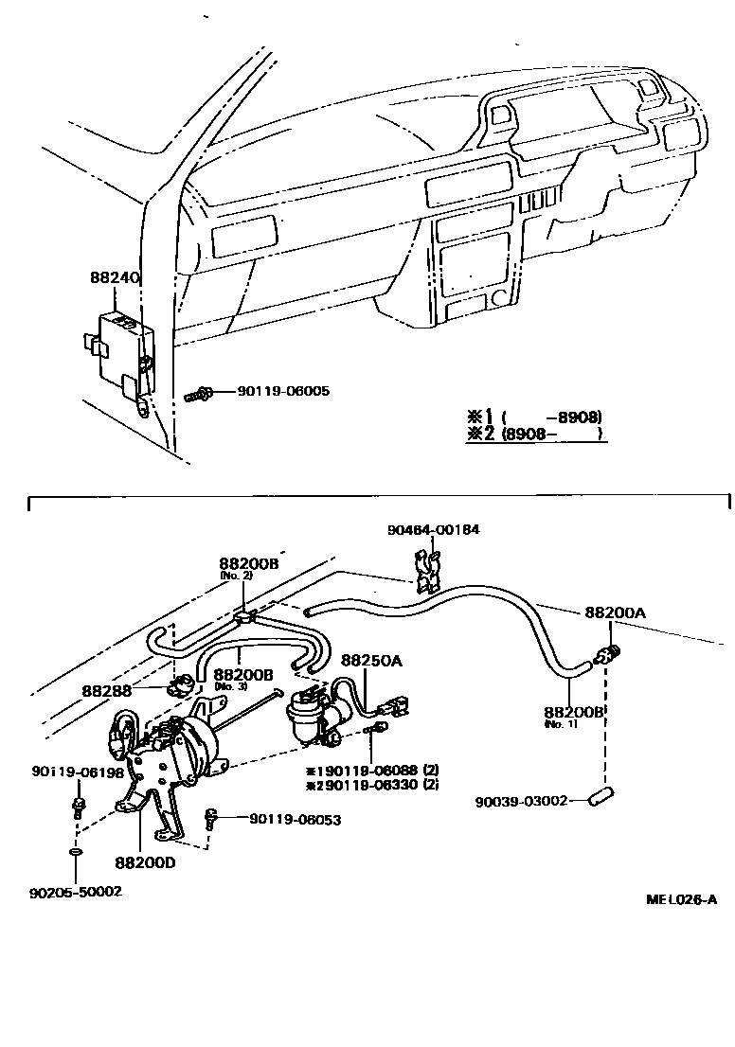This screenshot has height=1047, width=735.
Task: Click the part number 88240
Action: pyautogui.click(x=115, y=278)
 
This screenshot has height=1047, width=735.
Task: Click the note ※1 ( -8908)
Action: pyautogui.click(x=534, y=417)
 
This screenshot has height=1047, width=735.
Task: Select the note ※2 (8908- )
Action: pyautogui.click(x=534, y=434)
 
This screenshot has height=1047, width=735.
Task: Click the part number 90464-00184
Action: pyautogui.click(x=433, y=530)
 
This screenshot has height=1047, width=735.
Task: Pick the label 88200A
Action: pyautogui.click(x=615, y=612)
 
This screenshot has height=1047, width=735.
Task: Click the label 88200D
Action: pyautogui.click(x=145, y=862)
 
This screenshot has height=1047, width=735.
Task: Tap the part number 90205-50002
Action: pyautogui.click(x=76, y=892)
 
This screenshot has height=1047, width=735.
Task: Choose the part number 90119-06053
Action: pyautogui.click(x=295, y=820)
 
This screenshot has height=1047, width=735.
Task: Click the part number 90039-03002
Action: pyautogui.click(x=521, y=801)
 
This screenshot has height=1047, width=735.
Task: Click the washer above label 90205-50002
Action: pyautogui.click(x=75, y=856)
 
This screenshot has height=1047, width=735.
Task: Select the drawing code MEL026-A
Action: pyautogui.click(x=681, y=899)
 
